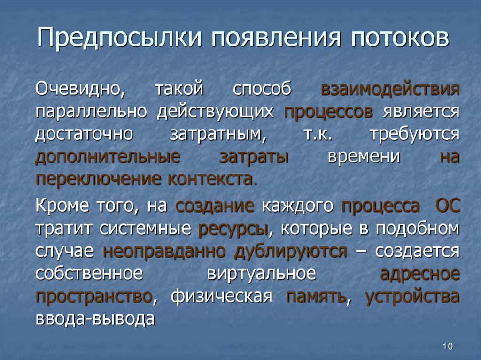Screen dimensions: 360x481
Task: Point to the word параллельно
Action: pyautogui.click(x=92, y=112)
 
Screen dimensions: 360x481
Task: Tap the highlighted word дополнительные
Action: pyautogui.click(x=108, y=156)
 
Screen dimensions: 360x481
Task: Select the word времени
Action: pyautogui.click(x=364, y=156)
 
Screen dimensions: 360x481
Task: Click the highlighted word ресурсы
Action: pyautogui.click(x=233, y=229)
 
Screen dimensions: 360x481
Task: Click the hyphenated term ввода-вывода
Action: pyautogui.click(x=95, y=319)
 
